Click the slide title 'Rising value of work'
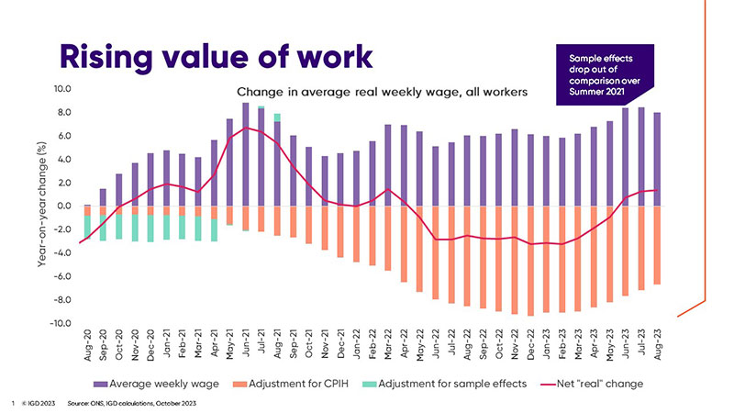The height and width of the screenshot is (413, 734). [x=216, y=54]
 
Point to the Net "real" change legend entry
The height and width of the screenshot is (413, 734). [x=594, y=381]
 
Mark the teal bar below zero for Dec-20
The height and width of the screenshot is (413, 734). [x=150, y=229]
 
